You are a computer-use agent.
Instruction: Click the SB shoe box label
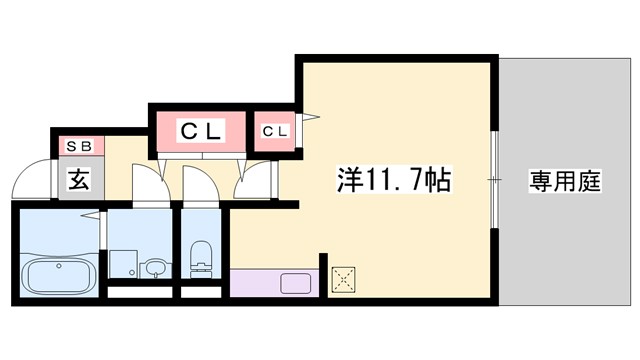pyautogui.click(x=78, y=146)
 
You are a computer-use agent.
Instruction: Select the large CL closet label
pyautogui.click(x=198, y=130)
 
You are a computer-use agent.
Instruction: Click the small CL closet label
pyautogui.click(x=276, y=131)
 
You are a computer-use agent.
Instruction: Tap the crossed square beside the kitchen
pyautogui.click(x=345, y=278)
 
